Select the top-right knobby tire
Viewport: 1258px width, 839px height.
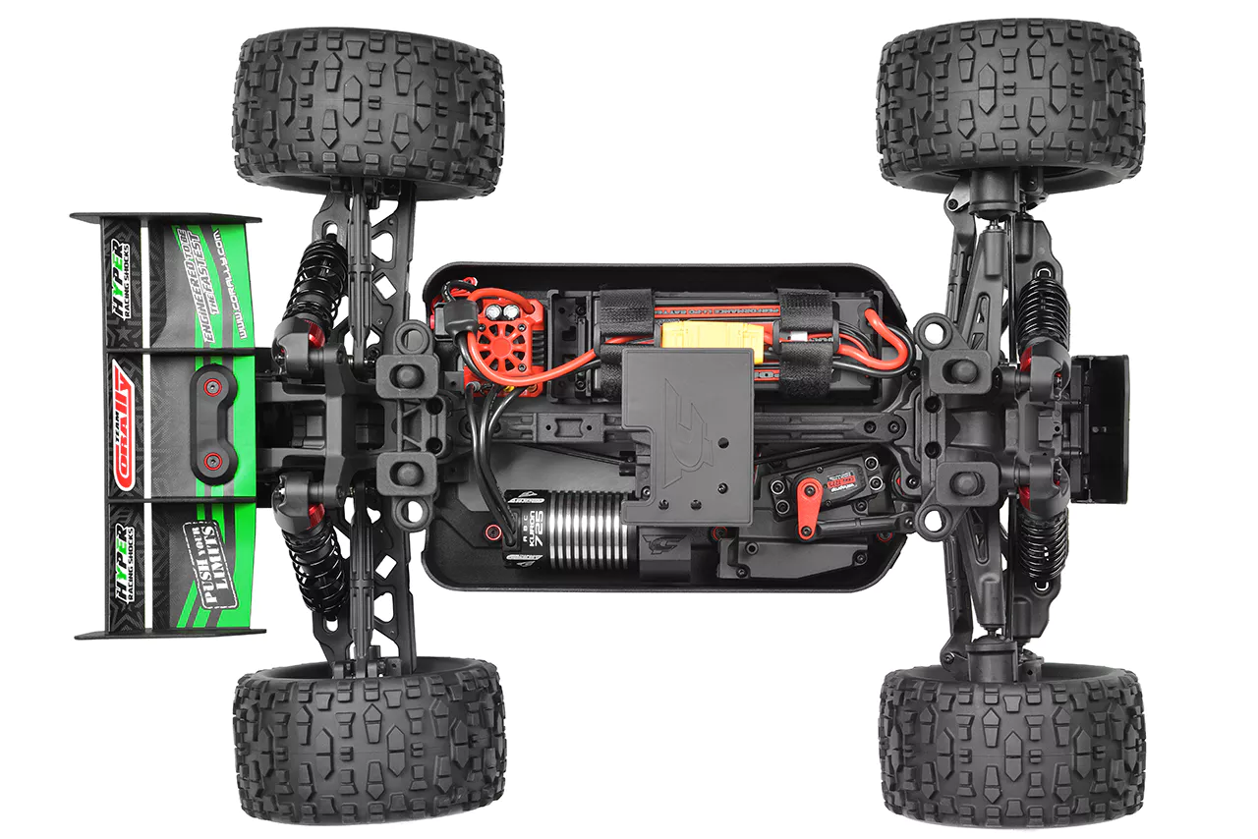pyautogui.click(x=1010, y=103)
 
